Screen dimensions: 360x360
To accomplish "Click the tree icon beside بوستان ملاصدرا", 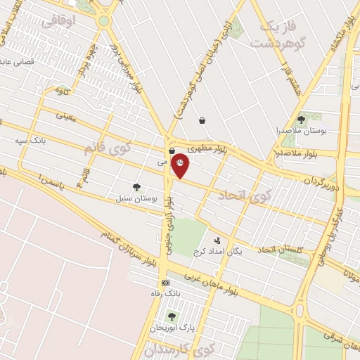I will coord(301,120).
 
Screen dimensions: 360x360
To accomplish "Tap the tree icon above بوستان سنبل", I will coord(136,187).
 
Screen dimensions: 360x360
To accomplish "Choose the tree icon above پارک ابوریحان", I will coord(171,316).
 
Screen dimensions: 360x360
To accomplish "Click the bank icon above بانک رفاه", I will coord(165,282).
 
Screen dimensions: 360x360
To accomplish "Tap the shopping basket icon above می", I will coord(172,150).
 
